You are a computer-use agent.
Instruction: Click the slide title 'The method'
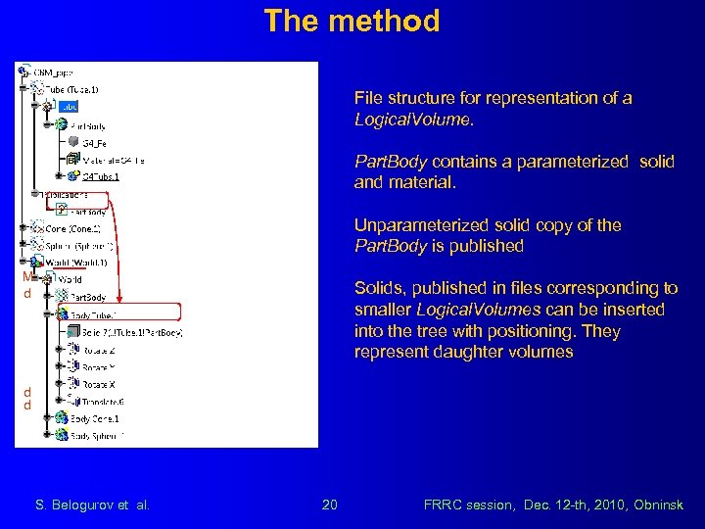coord(352,21)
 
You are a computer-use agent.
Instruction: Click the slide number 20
coord(330,505)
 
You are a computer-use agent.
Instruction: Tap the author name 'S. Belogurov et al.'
coord(92,505)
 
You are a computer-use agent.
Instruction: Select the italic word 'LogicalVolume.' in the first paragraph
coord(413,120)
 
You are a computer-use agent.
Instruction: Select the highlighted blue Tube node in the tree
coord(69,107)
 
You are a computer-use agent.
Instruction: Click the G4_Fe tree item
coord(95,143)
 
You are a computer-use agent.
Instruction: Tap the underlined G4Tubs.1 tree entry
coord(102,177)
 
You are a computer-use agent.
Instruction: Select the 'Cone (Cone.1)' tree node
coord(73,228)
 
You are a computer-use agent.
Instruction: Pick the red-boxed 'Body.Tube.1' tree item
coord(94,314)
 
